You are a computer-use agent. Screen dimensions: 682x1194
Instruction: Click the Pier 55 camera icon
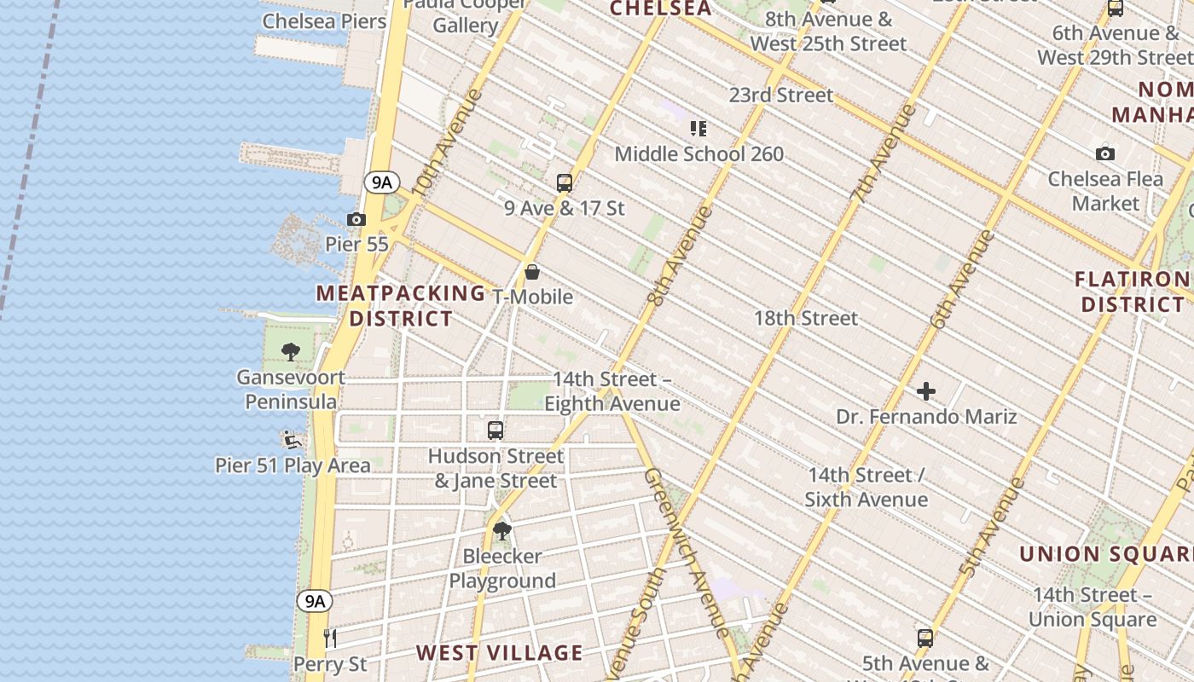coord(356,220)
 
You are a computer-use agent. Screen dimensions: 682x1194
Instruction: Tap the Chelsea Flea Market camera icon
coord(1105,154)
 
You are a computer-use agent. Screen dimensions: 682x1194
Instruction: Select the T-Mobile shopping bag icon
coord(532,273)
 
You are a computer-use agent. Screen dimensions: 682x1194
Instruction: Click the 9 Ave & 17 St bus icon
coord(564,182)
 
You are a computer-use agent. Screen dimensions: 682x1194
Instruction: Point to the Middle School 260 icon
coord(698,129)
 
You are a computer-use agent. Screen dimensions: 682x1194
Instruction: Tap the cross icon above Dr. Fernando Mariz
coord(926,391)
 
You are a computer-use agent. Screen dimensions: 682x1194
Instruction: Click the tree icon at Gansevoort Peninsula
coord(291,351)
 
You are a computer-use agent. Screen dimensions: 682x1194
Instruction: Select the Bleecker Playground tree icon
coord(502,531)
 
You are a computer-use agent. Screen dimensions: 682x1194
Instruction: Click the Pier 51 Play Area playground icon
coord(293,440)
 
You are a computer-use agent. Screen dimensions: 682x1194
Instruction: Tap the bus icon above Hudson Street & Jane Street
coord(496,431)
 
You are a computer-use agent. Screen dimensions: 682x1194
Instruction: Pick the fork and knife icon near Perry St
coord(330,638)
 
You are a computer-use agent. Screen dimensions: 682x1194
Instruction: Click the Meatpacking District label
coord(401,305)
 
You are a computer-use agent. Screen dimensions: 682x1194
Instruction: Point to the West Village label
coord(500,653)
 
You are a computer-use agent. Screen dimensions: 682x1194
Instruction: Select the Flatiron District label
coord(1131,292)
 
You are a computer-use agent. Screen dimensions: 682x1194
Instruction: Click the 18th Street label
coord(806,318)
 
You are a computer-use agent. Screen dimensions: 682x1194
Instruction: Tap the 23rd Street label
coord(781,95)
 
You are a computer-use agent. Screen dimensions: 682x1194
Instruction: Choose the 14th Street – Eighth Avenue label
coord(612,391)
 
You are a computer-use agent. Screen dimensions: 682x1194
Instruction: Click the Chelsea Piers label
coord(324,21)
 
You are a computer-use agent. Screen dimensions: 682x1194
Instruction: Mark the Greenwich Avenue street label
coord(687,554)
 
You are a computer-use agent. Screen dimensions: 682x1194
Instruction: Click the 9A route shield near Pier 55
coord(381,182)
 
